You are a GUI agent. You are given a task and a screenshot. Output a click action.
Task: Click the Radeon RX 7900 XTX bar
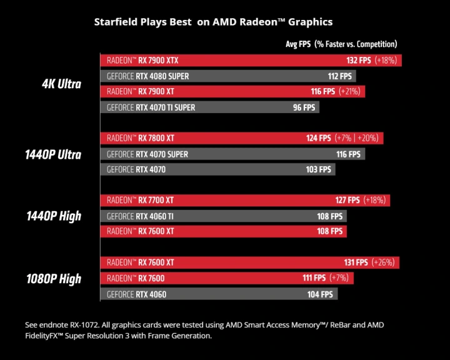[250, 61]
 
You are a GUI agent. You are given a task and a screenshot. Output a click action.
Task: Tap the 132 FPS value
[358, 61]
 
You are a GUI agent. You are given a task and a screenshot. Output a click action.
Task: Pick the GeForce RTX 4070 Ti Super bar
[209, 107]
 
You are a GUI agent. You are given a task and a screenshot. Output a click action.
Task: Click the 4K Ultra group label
[57, 84]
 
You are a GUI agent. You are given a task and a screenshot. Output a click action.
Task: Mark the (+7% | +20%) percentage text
[358, 138]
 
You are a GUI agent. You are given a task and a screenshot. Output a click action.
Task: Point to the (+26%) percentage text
[386, 263]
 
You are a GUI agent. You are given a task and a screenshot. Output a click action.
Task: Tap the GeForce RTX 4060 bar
[219, 294]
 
